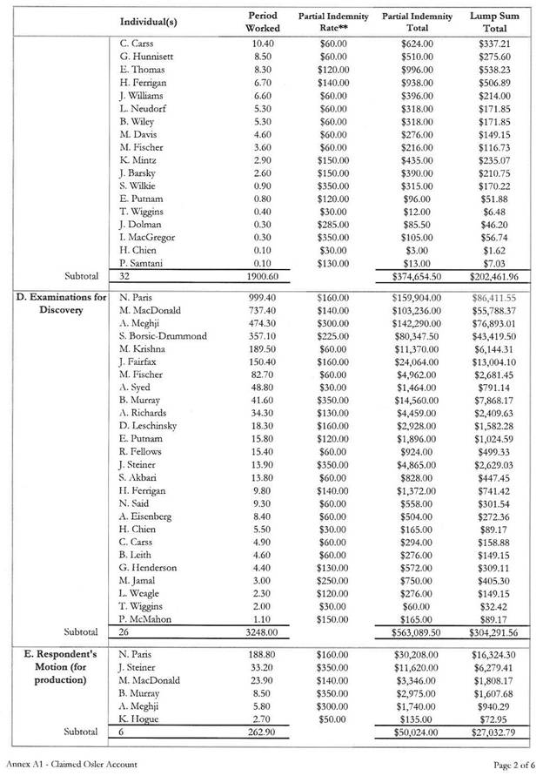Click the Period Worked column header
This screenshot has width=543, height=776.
pos(263,21)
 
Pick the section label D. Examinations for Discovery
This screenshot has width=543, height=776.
pos(61,303)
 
